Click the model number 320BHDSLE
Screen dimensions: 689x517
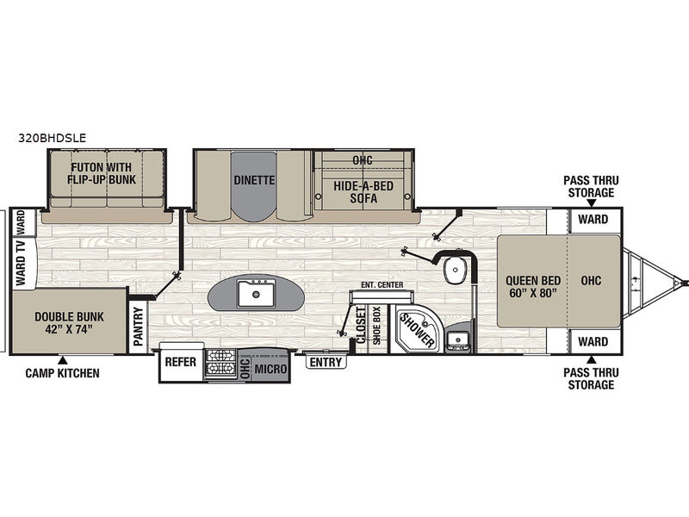53,138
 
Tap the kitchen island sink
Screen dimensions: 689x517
256,293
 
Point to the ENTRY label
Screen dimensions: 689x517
326,362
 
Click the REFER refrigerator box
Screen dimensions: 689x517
181,362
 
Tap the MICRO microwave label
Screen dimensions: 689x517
270,370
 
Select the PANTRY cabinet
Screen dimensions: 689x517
139,326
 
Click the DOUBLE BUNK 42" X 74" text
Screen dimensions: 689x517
70,322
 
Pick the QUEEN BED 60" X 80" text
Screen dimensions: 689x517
533,287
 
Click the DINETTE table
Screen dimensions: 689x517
254,184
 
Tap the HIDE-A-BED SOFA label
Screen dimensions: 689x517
363,191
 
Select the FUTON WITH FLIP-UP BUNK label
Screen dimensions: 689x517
102,173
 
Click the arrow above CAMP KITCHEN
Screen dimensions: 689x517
63,360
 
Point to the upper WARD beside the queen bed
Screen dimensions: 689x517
593,219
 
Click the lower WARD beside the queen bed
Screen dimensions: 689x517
593,341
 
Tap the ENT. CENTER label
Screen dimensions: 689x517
382,285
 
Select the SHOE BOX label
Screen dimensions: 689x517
376,326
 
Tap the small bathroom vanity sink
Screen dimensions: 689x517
459,339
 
